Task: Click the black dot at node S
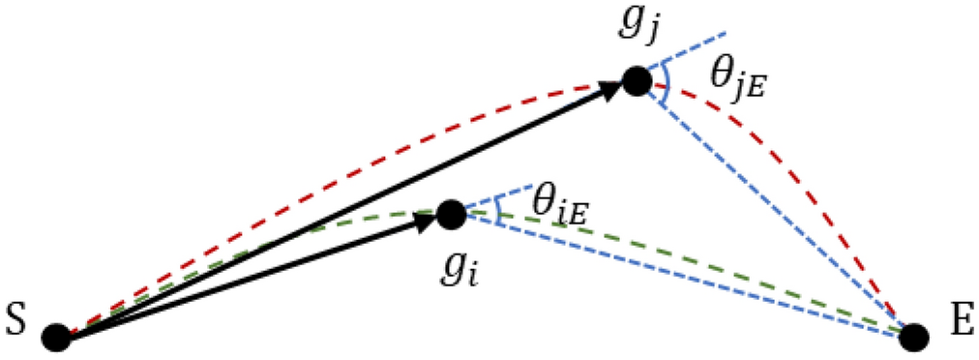[57, 338]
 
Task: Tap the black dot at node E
[914, 338]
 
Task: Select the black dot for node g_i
[451, 214]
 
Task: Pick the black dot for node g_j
[636, 81]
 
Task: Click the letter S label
[16, 317]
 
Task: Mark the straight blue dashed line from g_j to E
[774, 208]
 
